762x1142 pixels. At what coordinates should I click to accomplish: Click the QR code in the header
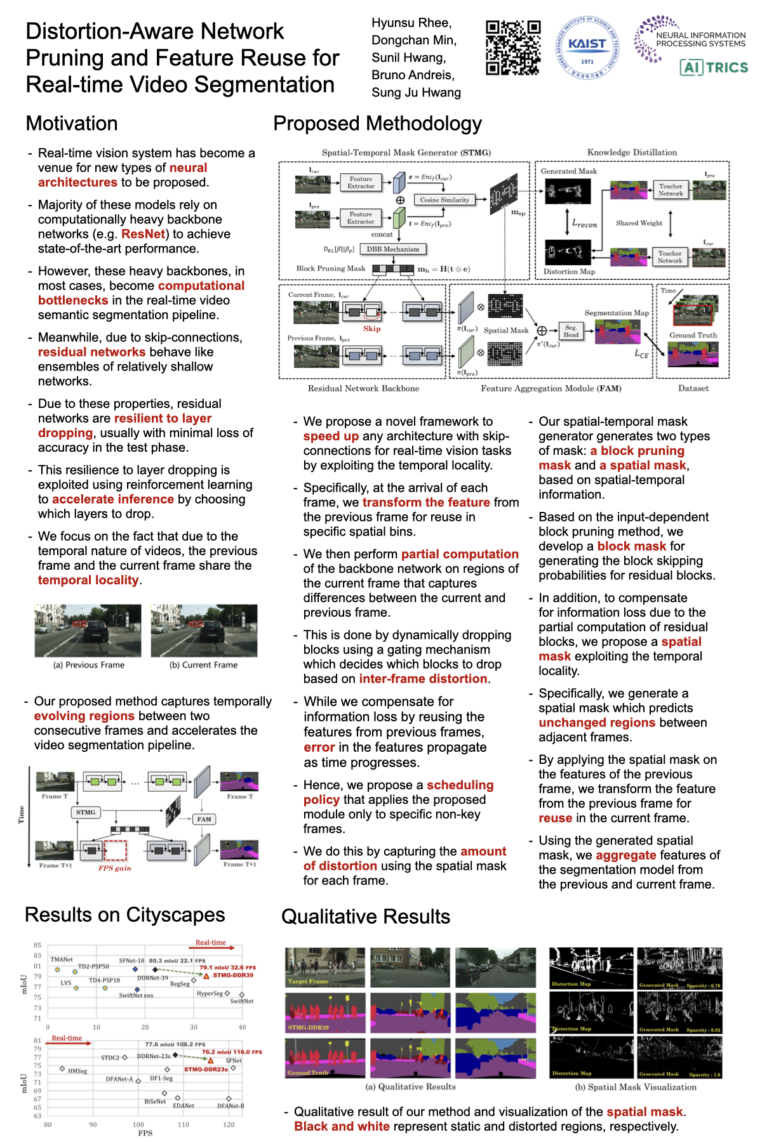coord(513,48)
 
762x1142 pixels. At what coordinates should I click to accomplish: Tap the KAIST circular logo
coord(587,48)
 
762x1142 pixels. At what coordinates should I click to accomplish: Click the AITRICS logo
coord(714,67)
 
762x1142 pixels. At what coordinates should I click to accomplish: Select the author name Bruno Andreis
coord(413,75)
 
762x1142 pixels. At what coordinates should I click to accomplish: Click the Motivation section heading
coord(72,124)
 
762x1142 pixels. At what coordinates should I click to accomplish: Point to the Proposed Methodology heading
coord(377,124)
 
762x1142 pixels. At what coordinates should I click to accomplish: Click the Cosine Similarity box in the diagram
coord(444,200)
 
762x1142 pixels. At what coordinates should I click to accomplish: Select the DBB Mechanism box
coord(392,249)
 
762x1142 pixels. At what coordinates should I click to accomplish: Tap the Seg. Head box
coord(571,331)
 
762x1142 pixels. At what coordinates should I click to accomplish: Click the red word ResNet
coord(144,234)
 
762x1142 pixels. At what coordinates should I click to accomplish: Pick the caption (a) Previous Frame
coord(89,665)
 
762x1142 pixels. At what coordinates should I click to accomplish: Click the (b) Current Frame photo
coord(204,631)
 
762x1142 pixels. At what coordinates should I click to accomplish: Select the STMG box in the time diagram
coord(86,812)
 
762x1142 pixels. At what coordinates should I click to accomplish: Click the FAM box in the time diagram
coord(204,819)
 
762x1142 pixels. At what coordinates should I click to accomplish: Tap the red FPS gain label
coord(114,868)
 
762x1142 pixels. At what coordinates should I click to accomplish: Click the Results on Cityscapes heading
coord(124,915)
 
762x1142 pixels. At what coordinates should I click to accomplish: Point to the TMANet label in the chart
coord(62,959)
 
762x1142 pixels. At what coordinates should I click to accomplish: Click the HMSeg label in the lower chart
coord(77,1071)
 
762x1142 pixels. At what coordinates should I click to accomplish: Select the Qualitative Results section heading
coord(365,917)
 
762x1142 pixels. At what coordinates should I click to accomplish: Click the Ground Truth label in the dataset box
coord(693,335)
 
